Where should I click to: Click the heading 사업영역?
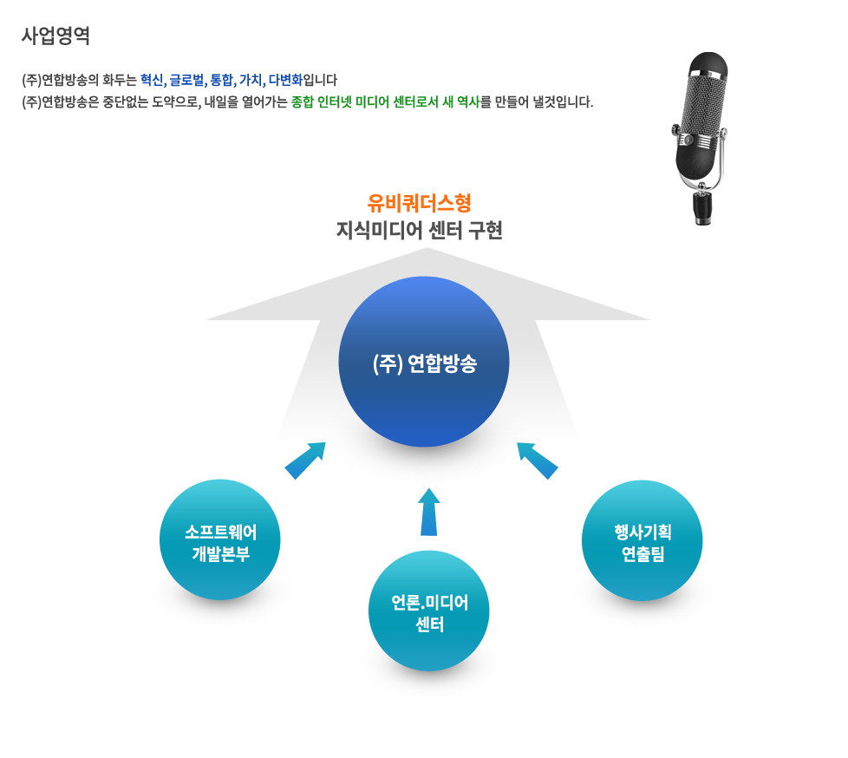tap(55, 36)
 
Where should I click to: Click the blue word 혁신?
tap(152, 81)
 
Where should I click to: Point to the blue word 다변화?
tap(285, 81)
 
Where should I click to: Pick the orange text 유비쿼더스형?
tap(420, 204)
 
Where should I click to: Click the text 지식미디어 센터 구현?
tap(420, 232)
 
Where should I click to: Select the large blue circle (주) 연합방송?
tap(424, 362)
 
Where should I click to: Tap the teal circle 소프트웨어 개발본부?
tap(220, 539)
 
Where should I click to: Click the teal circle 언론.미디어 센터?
tap(429, 611)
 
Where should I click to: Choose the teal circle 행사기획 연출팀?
tap(643, 540)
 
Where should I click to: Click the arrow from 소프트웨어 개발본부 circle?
tap(305, 460)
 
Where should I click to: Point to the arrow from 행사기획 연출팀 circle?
tap(538, 460)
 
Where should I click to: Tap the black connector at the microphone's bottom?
tap(703, 209)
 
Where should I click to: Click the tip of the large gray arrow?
tap(427, 252)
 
